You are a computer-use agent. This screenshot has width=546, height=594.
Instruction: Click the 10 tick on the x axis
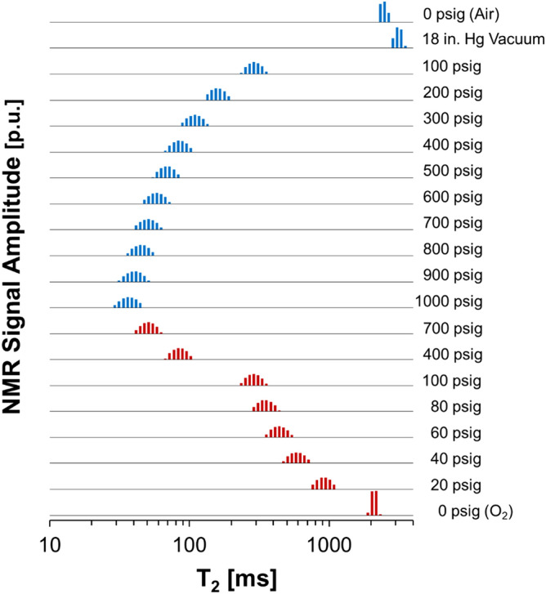51,543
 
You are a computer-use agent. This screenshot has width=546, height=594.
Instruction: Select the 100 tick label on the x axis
190,543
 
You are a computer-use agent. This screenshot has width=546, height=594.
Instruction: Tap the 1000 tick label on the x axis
329,543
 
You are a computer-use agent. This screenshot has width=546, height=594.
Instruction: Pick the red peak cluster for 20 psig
323,484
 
